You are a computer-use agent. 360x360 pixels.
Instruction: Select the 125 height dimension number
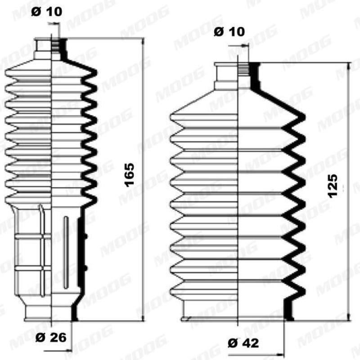pyautogui.click(x=333, y=185)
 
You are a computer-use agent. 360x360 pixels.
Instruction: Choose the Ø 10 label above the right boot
pyautogui.click(x=229, y=32)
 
